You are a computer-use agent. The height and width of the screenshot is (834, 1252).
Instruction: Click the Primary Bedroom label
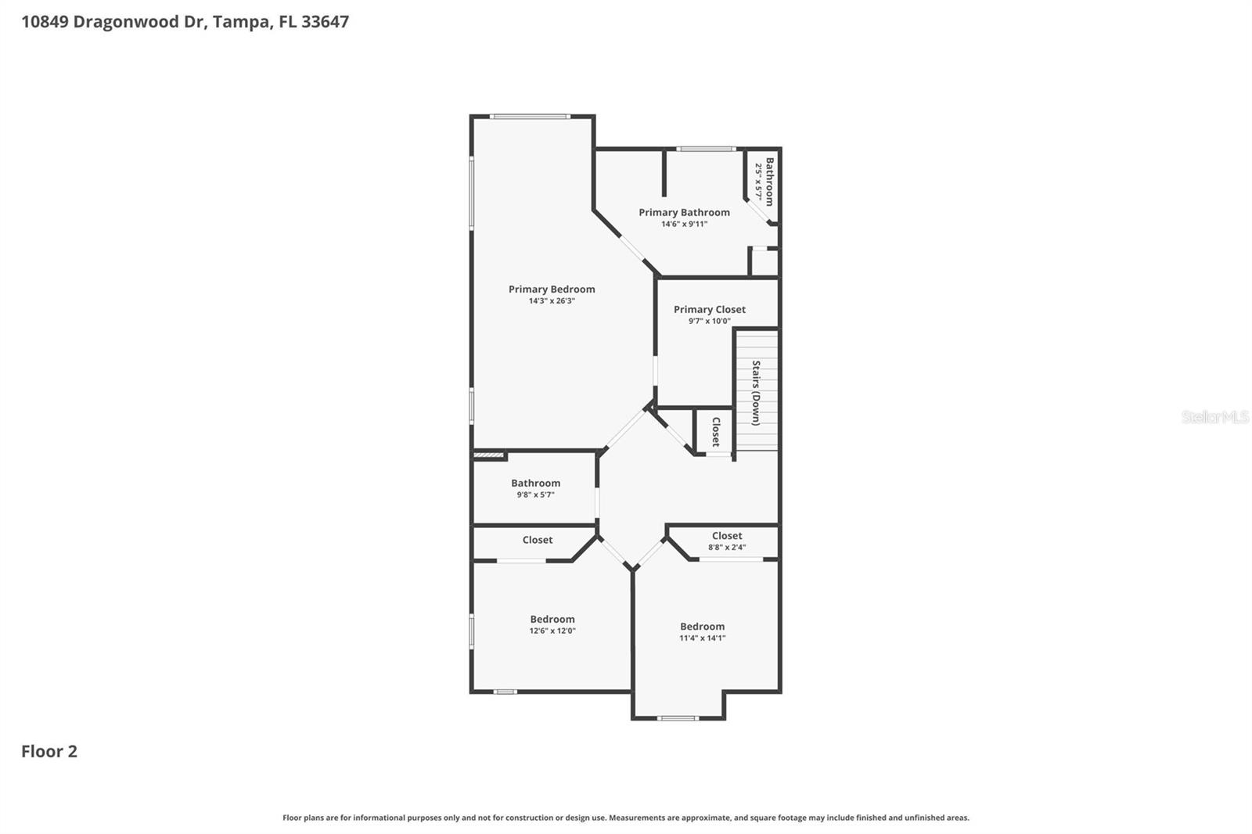point(552,289)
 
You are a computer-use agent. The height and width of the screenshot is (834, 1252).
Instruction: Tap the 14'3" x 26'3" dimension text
point(552,301)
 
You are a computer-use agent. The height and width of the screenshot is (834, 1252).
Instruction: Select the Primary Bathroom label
point(684,212)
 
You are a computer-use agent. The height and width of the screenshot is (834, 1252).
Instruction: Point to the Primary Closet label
point(709,309)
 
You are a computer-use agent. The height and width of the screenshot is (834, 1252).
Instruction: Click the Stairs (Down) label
point(756,393)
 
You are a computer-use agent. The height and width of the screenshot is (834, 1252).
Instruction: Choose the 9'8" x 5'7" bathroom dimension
point(535,494)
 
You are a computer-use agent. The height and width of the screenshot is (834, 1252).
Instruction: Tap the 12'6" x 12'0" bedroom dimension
point(552,631)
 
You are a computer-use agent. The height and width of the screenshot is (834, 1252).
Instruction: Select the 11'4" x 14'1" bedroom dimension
point(702,638)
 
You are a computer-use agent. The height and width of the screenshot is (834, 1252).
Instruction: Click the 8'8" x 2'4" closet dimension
point(726,548)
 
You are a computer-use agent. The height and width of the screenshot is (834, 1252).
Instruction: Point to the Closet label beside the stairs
point(715,432)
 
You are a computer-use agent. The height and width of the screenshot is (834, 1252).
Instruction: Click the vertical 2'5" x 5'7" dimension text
point(758,182)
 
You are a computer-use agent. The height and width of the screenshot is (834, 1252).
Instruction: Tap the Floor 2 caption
point(49,751)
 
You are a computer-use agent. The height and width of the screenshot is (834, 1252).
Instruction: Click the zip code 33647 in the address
point(325,21)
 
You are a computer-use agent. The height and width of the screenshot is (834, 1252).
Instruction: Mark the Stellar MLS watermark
point(1214,417)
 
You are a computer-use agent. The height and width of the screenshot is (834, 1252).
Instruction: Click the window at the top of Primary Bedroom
point(530,117)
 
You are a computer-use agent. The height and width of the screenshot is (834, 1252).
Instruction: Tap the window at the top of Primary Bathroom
point(705,149)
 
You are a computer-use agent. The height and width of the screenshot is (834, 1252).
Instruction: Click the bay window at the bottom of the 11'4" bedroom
point(678,717)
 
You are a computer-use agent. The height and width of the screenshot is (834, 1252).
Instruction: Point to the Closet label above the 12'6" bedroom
point(537,540)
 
